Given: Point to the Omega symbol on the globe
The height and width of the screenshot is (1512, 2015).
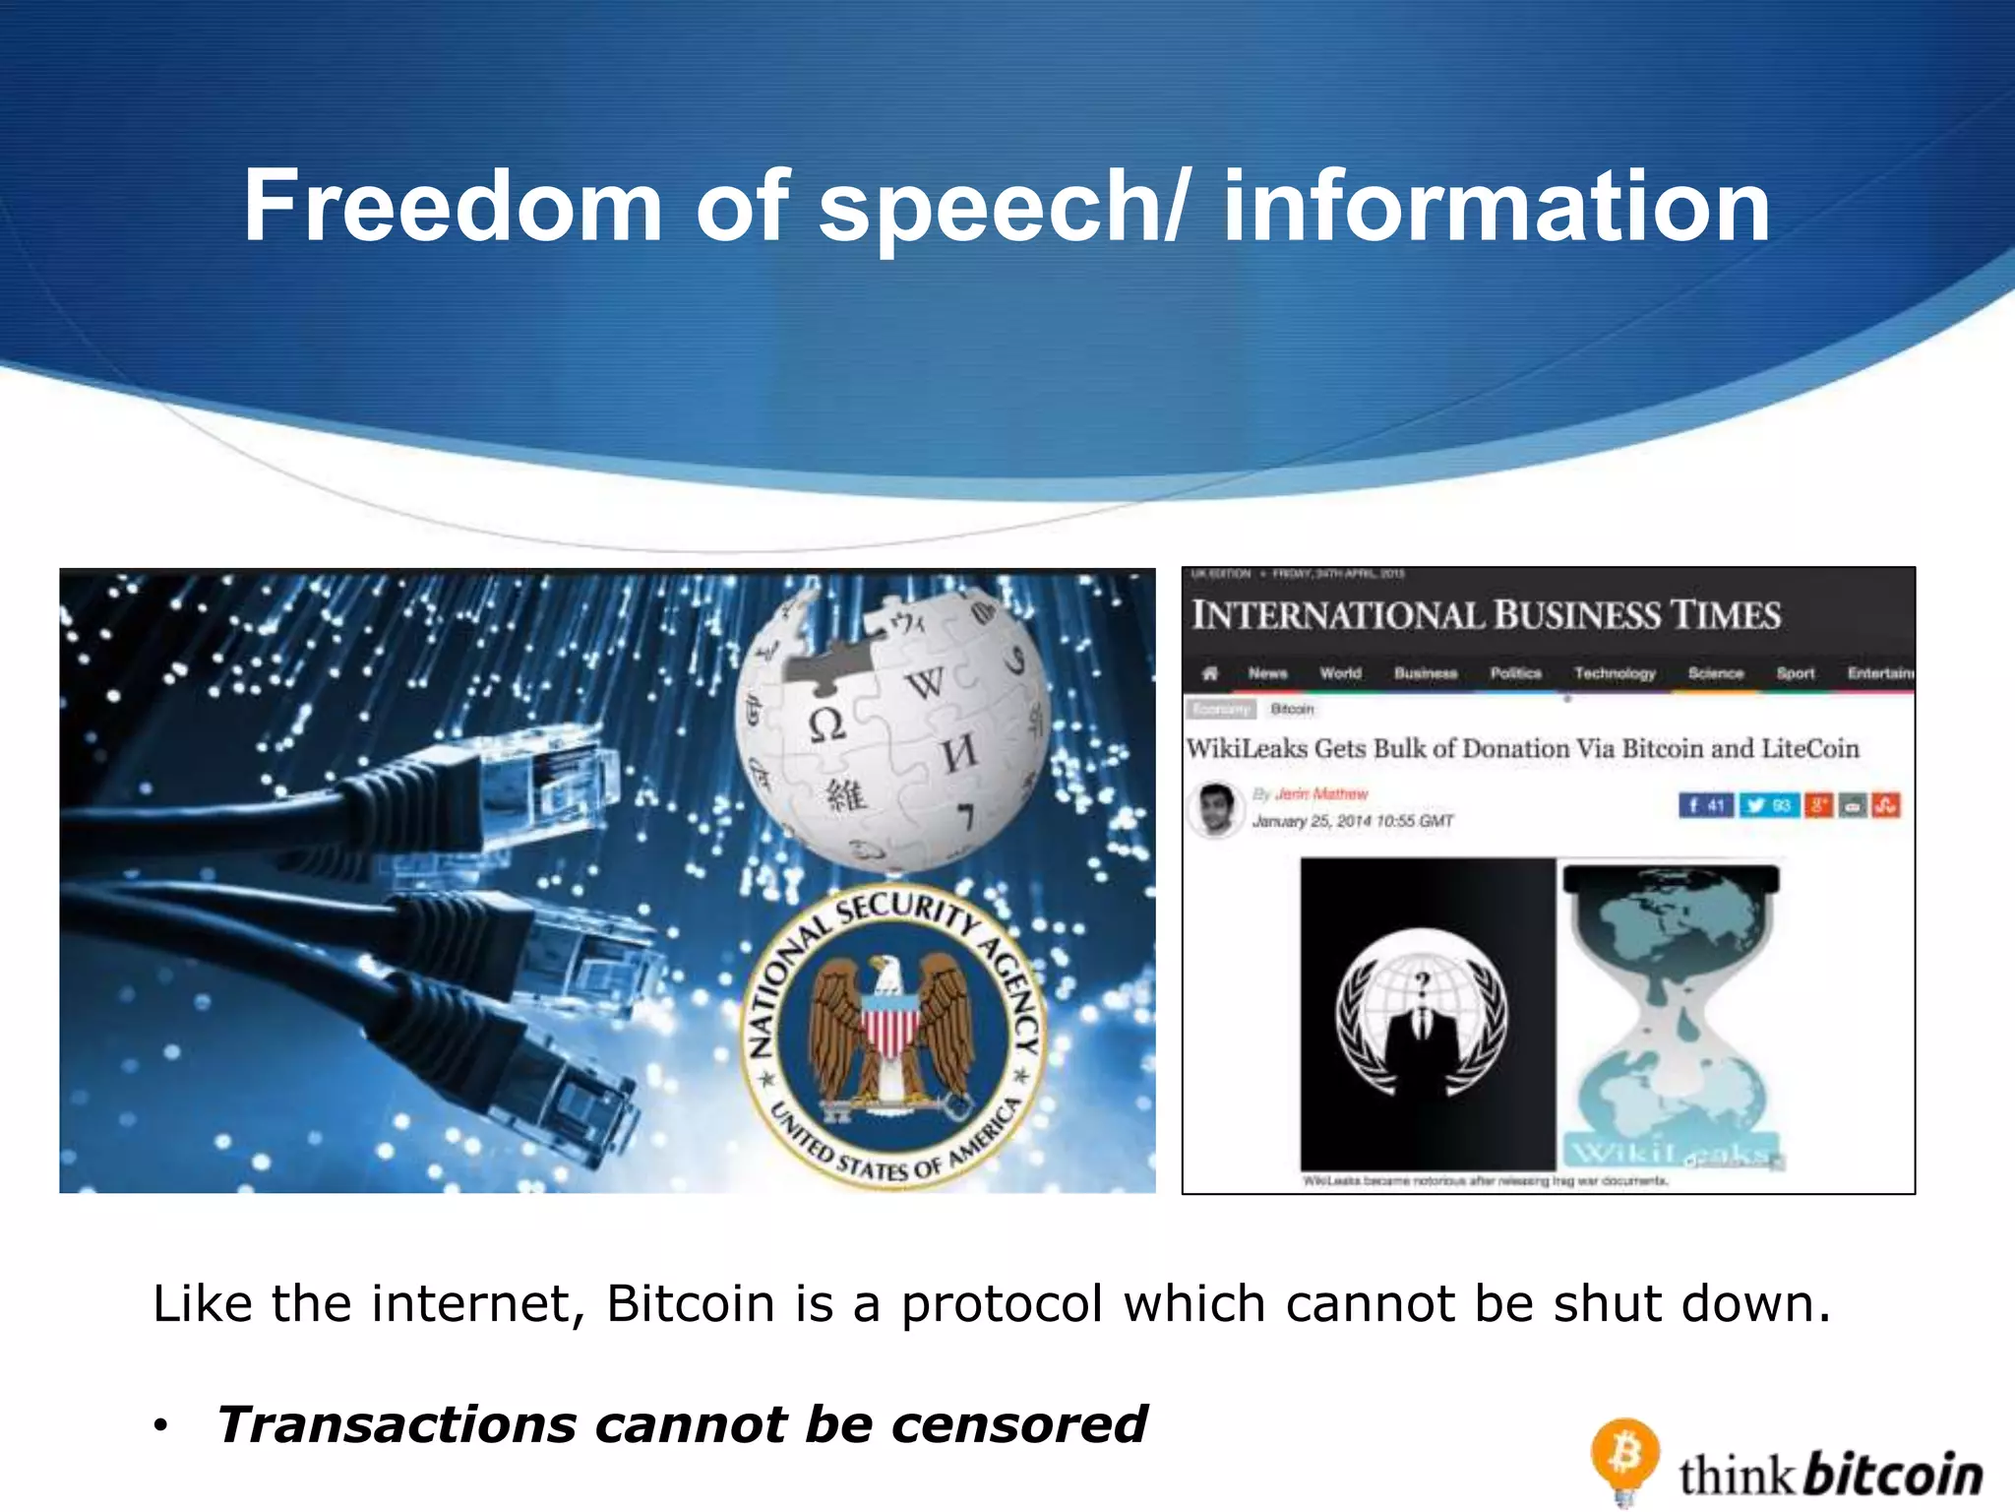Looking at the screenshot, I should coord(826,725).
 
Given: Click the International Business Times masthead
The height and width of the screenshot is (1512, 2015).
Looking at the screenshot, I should coord(1486,615).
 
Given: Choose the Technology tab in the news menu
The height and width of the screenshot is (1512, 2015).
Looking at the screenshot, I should coord(1615,673).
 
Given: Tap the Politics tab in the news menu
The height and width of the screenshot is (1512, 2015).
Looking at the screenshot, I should coord(1515,673).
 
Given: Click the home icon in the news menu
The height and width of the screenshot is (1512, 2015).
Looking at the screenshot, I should coord(1210,673).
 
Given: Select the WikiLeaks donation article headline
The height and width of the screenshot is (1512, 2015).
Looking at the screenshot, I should coord(1522,749).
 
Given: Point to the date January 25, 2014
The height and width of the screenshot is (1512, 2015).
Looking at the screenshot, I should coord(1352,821).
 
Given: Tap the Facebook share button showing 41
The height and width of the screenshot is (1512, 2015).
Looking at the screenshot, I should coord(1706,805).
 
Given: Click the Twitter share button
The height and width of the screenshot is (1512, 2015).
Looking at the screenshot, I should coord(1768,805).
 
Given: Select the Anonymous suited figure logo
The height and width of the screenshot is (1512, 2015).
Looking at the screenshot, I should coord(1422,1014).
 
